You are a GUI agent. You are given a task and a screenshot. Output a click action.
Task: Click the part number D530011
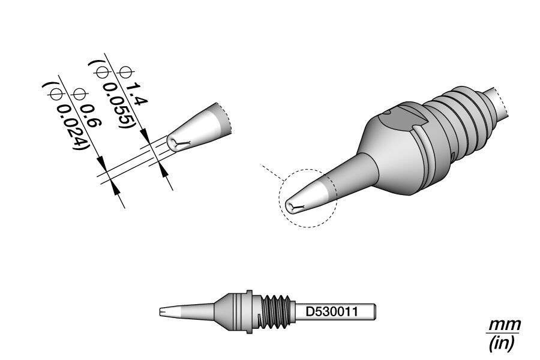(x=332, y=312)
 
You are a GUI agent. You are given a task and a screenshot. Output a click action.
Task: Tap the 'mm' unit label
(x=505, y=325)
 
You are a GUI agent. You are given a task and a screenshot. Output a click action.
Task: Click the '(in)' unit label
(x=502, y=343)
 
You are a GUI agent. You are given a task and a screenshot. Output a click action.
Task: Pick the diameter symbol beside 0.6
(x=79, y=94)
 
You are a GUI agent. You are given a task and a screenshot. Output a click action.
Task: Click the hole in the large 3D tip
(x=292, y=206)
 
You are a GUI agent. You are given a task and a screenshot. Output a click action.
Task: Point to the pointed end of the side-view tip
(x=160, y=312)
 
